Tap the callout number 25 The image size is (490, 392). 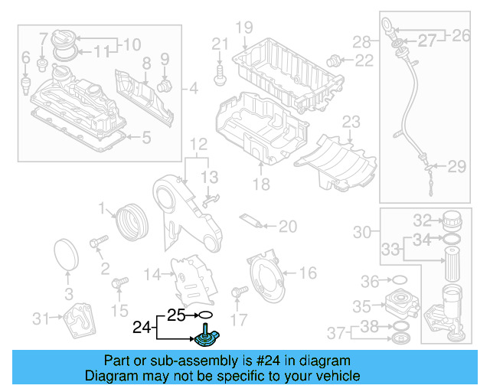176,315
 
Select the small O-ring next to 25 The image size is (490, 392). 204,315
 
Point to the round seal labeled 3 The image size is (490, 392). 68,255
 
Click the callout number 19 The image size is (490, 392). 243,28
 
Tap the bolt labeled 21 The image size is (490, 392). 220,73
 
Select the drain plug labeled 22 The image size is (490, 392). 334,59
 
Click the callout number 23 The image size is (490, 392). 351,122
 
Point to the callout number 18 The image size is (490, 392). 262,185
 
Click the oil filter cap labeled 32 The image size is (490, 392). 451,220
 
